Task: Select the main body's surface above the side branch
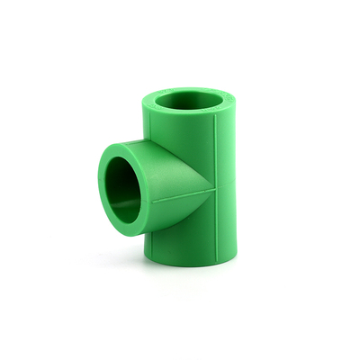[x=184, y=135]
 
